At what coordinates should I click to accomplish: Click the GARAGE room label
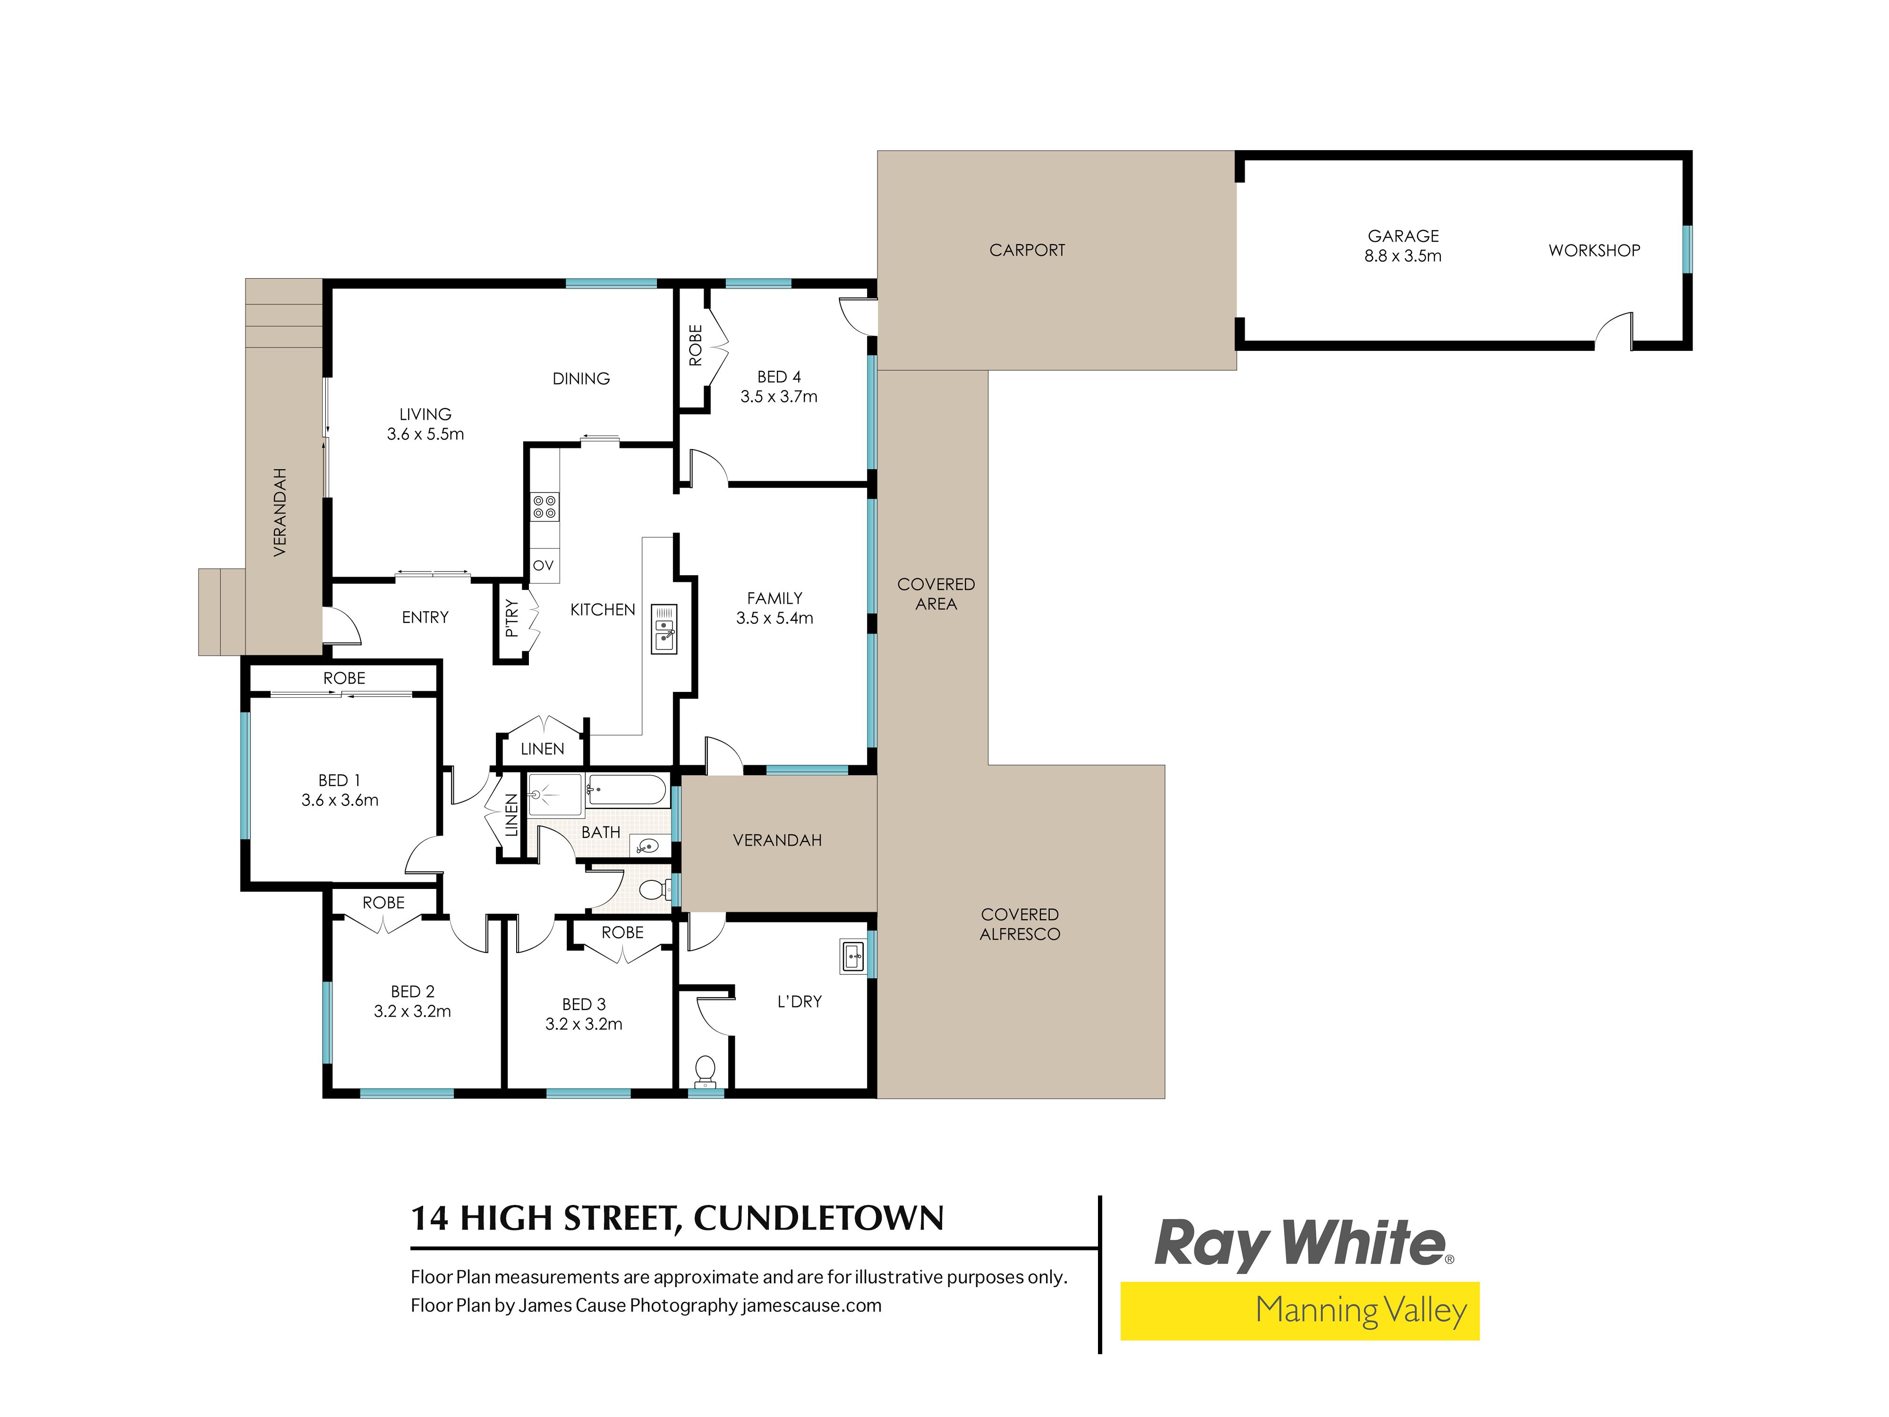click(1403, 236)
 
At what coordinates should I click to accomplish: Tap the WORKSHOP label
click(1594, 250)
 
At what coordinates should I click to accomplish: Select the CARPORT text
click(1027, 250)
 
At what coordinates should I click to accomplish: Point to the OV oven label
click(543, 565)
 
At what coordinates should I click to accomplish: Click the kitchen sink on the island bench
click(664, 630)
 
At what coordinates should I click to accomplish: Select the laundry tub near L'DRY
click(853, 956)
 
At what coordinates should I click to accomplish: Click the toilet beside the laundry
click(705, 1069)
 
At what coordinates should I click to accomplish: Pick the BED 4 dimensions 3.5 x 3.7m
click(779, 396)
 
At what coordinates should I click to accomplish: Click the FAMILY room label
click(774, 598)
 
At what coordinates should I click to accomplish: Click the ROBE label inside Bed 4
click(695, 345)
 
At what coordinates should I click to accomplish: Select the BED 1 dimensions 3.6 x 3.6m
click(340, 800)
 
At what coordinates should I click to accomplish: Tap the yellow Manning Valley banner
click(1300, 1310)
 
